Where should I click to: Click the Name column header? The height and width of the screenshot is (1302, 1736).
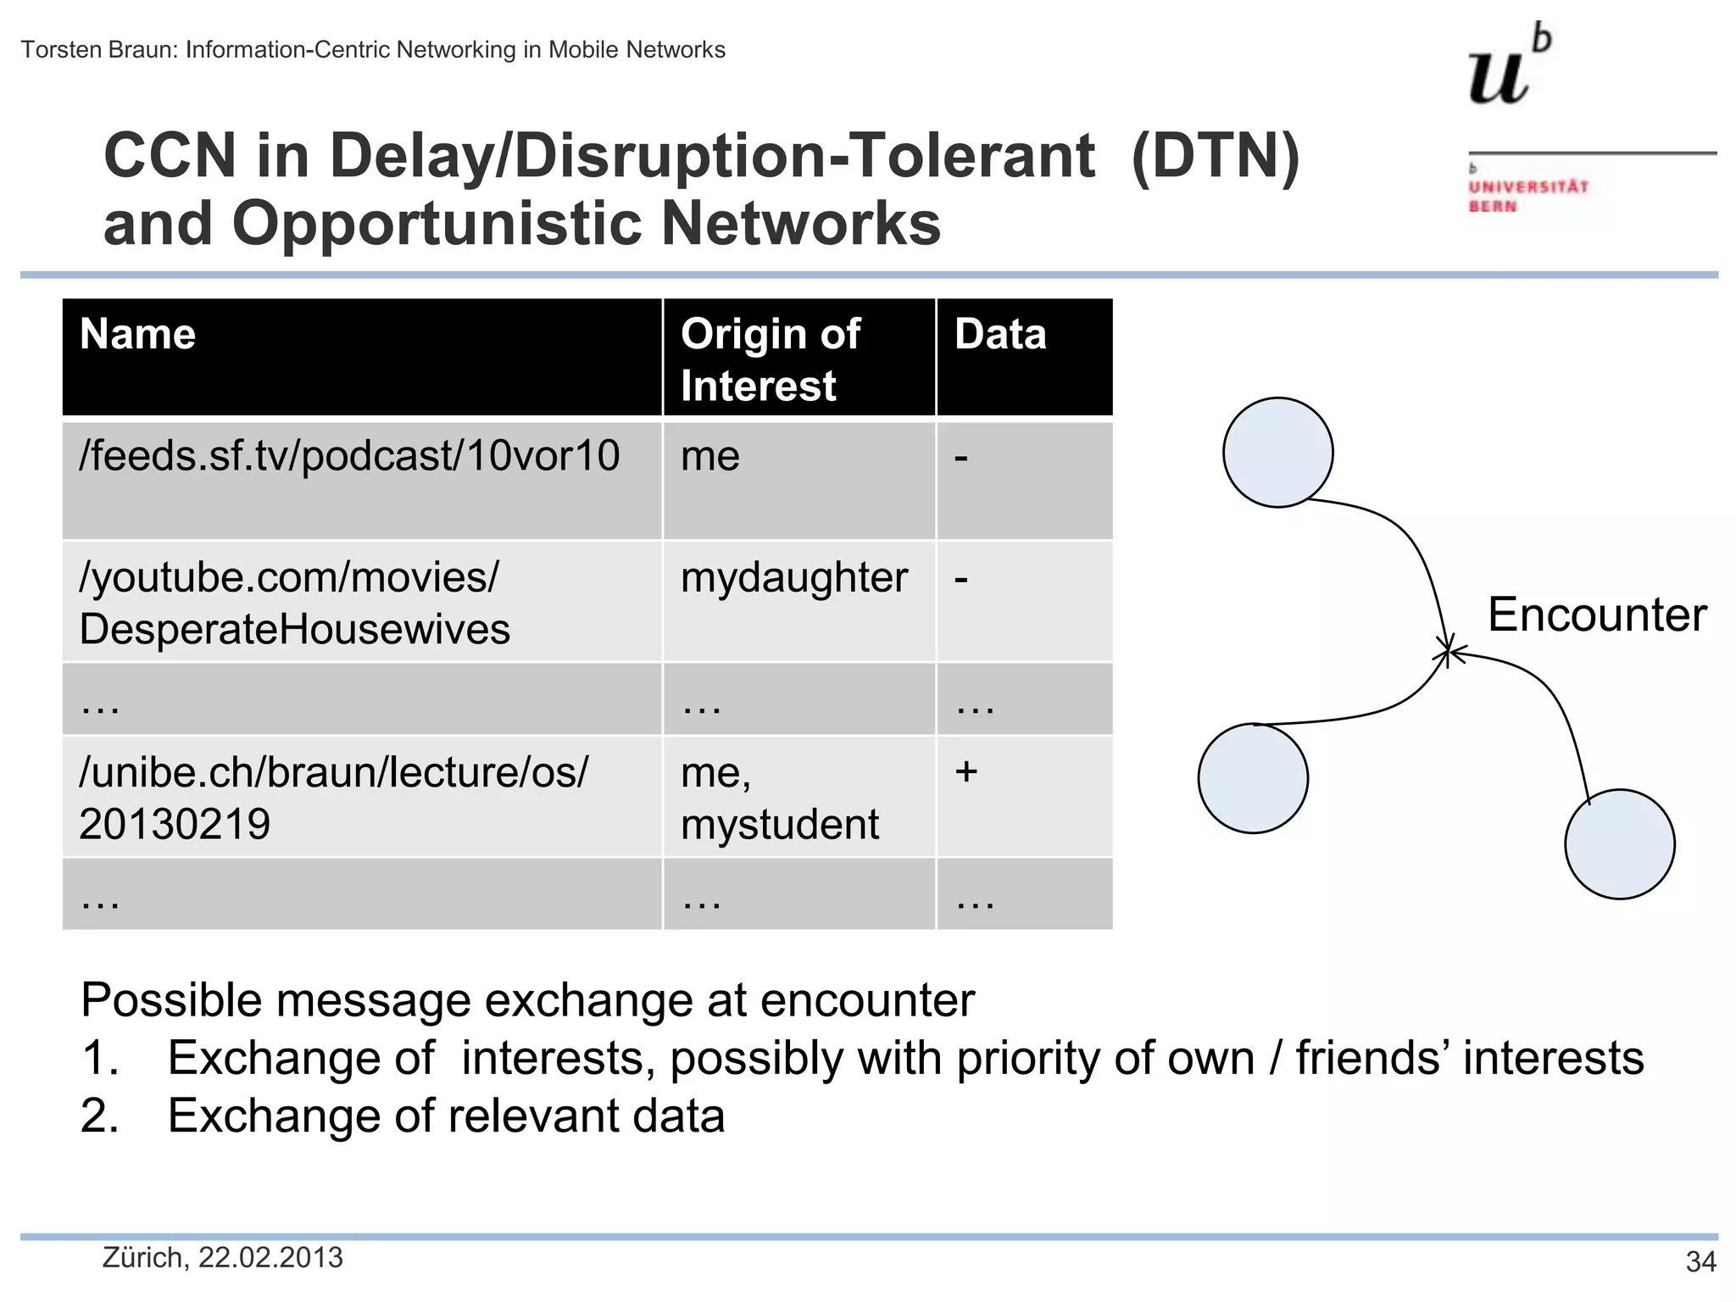click(x=137, y=334)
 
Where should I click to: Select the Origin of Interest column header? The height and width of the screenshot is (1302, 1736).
click(x=770, y=359)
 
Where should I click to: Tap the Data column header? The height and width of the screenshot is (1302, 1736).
click(x=1000, y=334)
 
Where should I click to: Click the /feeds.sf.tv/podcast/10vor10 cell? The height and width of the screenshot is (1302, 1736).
click(x=349, y=456)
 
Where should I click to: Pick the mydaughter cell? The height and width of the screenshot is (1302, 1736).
click(x=794, y=578)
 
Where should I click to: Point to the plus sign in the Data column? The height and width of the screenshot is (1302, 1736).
click(x=965, y=771)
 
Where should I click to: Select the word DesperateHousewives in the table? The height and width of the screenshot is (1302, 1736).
click(x=294, y=630)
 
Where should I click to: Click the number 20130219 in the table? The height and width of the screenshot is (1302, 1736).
click(x=175, y=824)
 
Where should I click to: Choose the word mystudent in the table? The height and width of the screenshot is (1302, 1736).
click(x=780, y=824)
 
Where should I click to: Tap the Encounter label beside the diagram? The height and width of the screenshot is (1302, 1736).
click(x=1597, y=615)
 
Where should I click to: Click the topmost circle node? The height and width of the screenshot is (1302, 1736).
click(x=1277, y=453)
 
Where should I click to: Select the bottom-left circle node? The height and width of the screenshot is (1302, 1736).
click(x=1253, y=778)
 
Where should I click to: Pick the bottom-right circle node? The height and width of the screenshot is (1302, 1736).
click(x=1619, y=844)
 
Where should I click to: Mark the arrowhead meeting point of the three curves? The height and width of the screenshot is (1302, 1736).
click(x=1448, y=651)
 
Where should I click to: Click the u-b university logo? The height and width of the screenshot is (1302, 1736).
click(x=1509, y=66)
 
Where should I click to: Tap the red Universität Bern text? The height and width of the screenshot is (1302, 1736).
click(x=1527, y=196)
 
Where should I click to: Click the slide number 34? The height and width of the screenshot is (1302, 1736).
click(x=1700, y=1262)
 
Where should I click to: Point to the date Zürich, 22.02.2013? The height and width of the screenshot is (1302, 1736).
click(x=222, y=1258)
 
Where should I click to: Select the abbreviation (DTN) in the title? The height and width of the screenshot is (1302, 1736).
click(x=1215, y=156)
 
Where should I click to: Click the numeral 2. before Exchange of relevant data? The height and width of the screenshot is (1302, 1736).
click(x=99, y=1116)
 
